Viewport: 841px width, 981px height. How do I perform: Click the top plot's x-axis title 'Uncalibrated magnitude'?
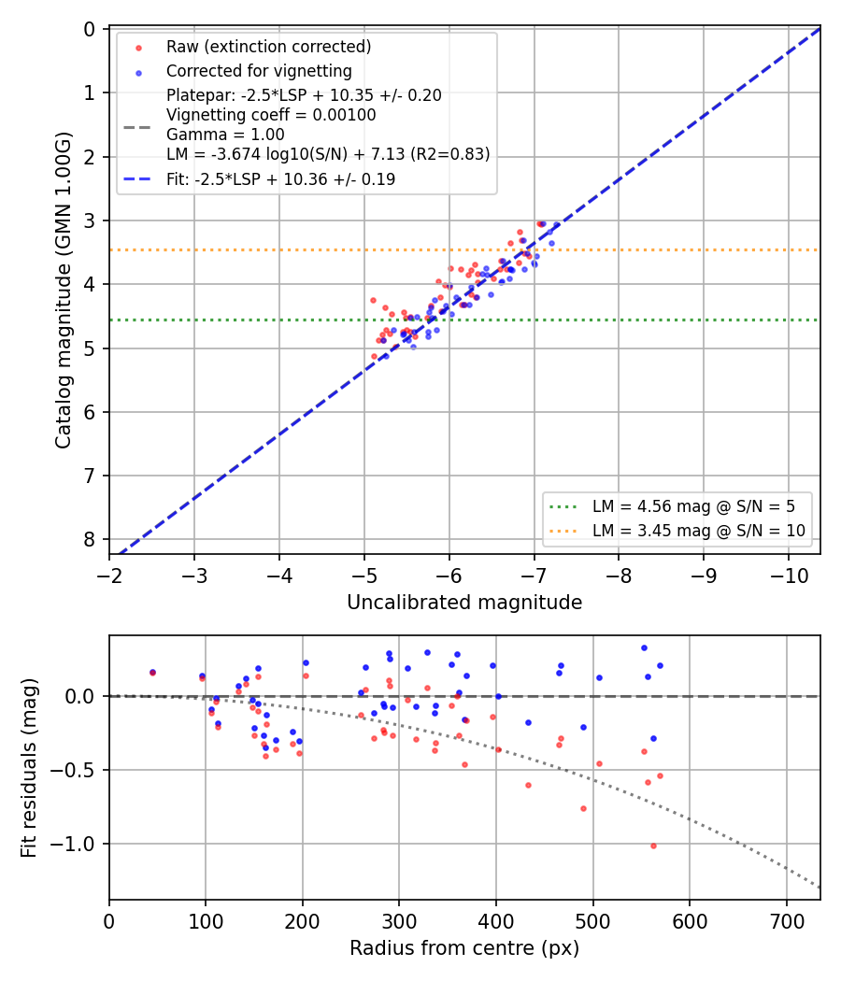click(464, 603)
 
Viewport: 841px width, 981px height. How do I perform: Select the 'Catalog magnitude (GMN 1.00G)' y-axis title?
click(63, 291)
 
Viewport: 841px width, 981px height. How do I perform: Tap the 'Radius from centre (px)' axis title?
click(464, 948)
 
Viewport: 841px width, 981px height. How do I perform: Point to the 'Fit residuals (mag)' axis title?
click(28, 768)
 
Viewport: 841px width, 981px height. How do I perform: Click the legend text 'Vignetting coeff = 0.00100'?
click(271, 115)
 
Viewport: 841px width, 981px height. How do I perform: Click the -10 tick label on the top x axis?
click(789, 576)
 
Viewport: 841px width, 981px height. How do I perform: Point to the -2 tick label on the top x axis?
click(109, 576)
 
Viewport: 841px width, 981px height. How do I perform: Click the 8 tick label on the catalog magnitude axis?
click(90, 539)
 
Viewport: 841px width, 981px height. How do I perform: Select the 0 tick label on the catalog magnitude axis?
click(90, 29)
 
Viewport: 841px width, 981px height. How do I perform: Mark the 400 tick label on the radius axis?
click(496, 921)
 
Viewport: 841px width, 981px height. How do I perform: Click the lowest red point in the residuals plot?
click(653, 846)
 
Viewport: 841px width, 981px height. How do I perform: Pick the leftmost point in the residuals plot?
click(152, 673)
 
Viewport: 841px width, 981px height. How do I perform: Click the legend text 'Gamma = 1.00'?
click(225, 135)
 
